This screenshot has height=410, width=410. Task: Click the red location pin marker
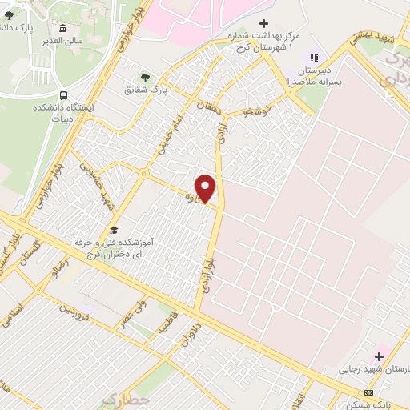coord(206,187)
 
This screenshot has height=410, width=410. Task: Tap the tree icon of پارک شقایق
coord(145,77)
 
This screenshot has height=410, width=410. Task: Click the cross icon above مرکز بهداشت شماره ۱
coord(263,24)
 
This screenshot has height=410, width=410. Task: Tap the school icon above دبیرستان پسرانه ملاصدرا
coord(313,58)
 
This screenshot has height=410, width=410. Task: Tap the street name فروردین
coord(76,309)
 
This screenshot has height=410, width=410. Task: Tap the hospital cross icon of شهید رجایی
coord(377,354)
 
